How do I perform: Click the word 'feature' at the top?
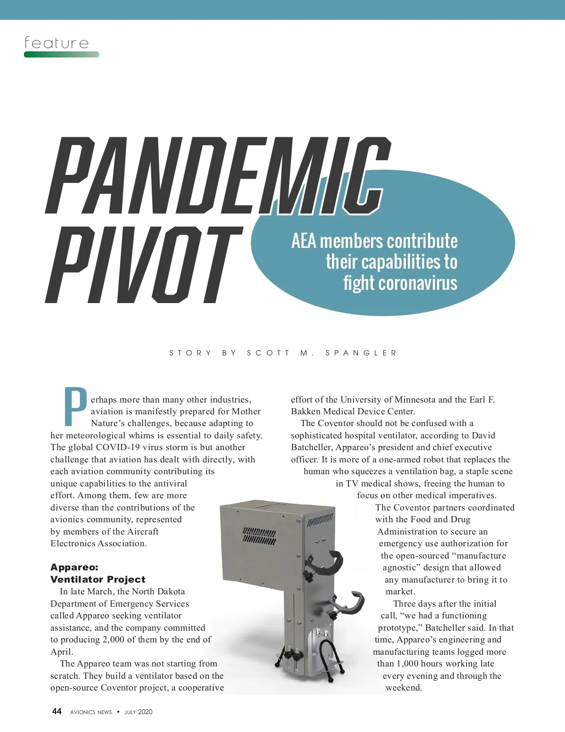click(56, 43)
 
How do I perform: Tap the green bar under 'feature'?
click(61, 55)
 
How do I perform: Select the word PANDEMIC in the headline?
click(217, 174)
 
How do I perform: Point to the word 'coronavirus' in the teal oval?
click(400, 283)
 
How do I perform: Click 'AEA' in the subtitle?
click(303, 241)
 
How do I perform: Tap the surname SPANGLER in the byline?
click(361, 353)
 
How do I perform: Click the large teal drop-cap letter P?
click(75, 406)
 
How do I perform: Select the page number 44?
click(56, 711)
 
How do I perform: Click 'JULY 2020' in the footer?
click(138, 712)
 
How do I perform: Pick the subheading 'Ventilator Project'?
click(98, 579)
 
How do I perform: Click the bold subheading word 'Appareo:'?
click(74, 567)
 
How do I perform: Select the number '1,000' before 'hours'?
click(408, 664)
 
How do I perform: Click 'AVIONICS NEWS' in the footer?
click(91, 712)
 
